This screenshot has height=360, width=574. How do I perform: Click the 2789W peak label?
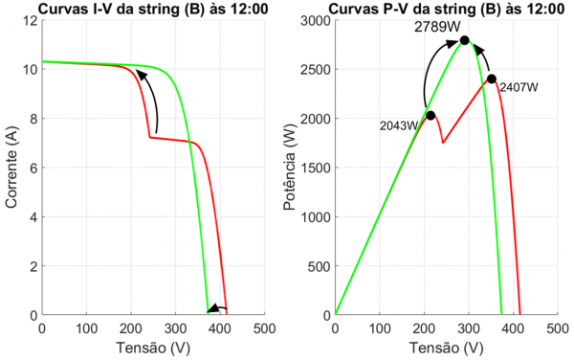coord(434,27)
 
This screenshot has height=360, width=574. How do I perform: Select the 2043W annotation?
coord(400,125)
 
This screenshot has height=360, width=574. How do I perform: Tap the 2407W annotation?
coord(519,87)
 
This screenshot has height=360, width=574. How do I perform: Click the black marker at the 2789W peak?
coord(465,40)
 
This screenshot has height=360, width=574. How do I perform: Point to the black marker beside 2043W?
coord(430,116)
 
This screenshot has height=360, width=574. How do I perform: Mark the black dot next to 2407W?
coord(492,79)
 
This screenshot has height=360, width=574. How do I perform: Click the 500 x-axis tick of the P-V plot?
coord(558,328)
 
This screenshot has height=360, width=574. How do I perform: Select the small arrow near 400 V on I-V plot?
coord(216,308)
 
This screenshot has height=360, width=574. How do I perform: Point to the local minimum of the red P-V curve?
coord(443,143)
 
